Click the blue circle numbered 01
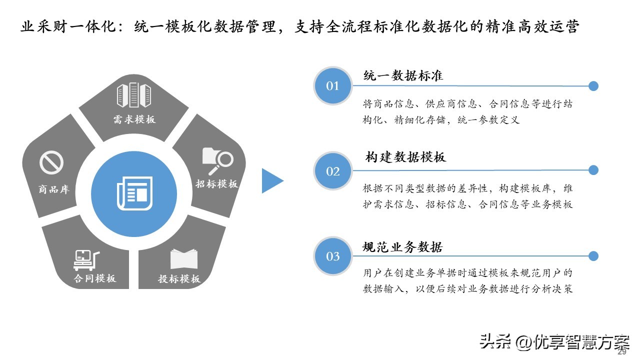pyautogui.click(x=333, y=85)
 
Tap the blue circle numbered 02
pyautogui.click(x=333, y=171)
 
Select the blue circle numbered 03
pyautogui.click(x=333, y=256)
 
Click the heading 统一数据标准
pyautogui.click(x=403, y=75)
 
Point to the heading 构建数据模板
pyautogui.click(x=405, y=157)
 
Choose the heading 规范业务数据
pyautogui.click(x=402, y=247)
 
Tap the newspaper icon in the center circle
pyautogui.click(x=135, y=193)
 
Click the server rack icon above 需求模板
pyautogui.click(x=134, y=95)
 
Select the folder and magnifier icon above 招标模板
pyautogui.click(x=217, y=161)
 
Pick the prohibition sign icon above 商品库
pyautogui.click(x=51, y=162)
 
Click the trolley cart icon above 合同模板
pyautogui.click(x=86, y=260)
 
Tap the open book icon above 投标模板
pyautogui.click(x=183, y=259)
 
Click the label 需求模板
pyautogui.click(x=134, y=119)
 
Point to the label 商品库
pyautogui.click(x=54, y=189)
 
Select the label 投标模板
pyautogui.click(x=179, y=279)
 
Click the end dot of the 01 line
pyautogui.click(x=593, y=86)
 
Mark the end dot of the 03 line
pyautogui.click(x=593, y=256)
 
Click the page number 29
pyautogui.click(x=621, y=352)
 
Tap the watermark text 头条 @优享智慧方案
pyautogui.click(x=554, y=342)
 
